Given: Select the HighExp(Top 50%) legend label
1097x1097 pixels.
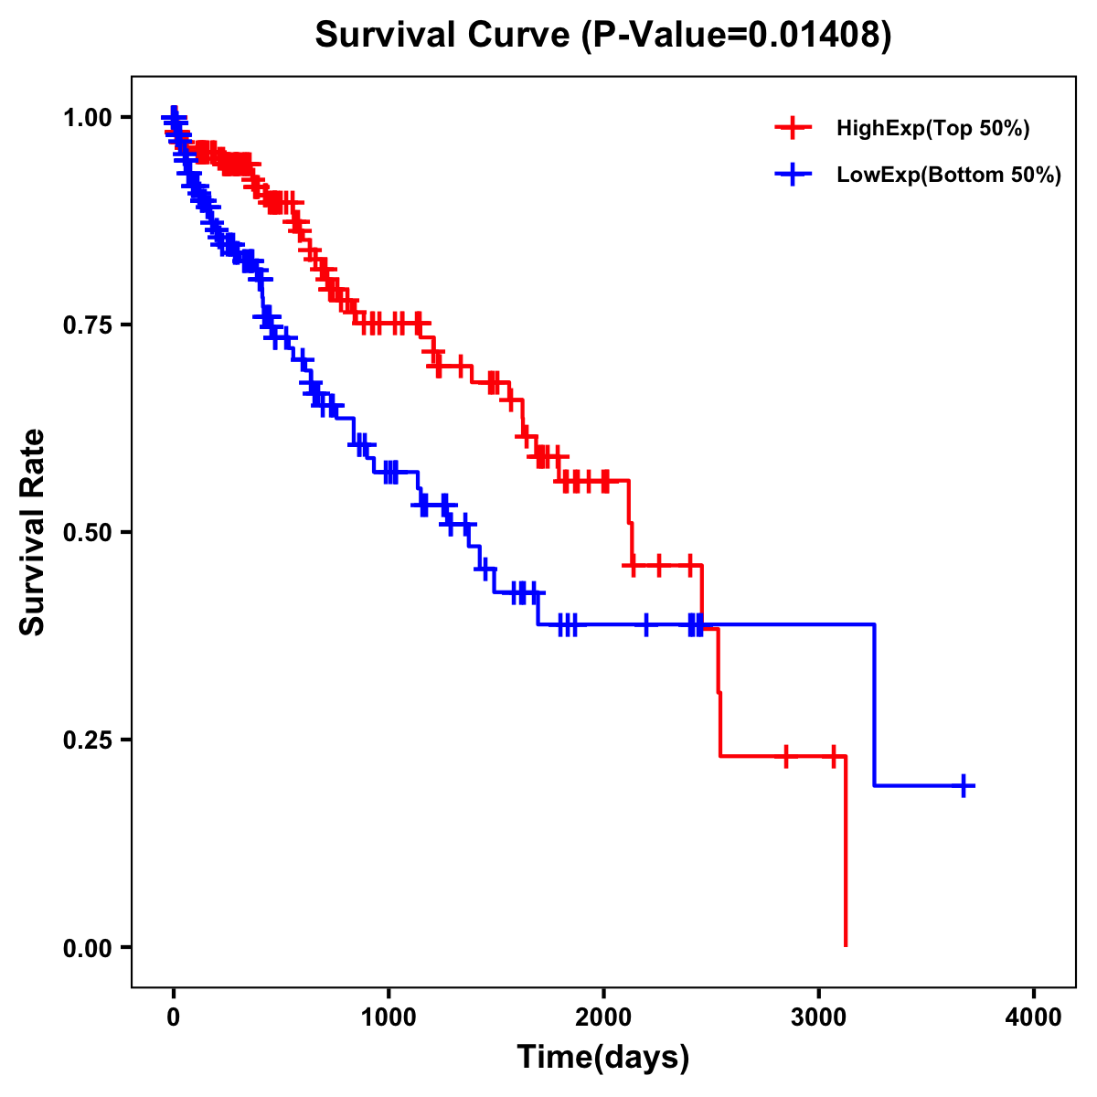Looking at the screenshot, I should (932, 129).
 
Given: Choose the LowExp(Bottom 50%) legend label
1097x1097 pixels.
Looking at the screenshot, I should (949, 175).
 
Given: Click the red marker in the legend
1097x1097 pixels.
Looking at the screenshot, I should (793, 128).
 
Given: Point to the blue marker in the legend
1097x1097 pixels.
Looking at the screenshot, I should (793, 174).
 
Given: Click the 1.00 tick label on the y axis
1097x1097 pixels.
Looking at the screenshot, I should (88, 117).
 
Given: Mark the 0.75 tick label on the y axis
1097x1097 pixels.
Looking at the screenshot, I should (88, 325).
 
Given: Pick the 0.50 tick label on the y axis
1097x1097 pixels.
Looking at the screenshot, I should (88, 532).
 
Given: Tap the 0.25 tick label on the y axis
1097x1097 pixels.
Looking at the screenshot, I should (88, 740).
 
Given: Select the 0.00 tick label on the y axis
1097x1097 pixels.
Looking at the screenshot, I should (88, 947).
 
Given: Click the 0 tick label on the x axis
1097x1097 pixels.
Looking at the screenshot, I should (174, 1017).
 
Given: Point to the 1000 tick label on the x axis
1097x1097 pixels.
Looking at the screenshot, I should (389, 1017).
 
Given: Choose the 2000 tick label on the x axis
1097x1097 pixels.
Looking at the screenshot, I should (603, 1017).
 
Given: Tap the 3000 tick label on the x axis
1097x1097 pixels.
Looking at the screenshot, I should (819, 1017).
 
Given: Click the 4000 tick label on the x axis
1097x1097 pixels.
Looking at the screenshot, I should (1034, 1017).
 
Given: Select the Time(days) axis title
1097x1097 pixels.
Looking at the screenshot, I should (603, 1058).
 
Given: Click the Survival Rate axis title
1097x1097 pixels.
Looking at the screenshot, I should (33, 532).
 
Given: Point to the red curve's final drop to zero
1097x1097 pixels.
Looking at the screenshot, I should (846, 855).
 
